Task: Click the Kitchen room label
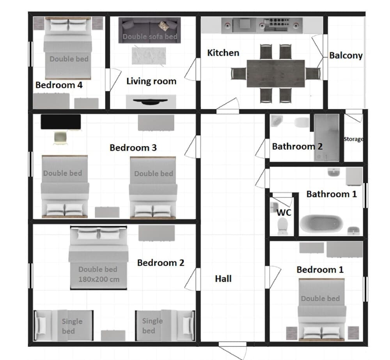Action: coord(223,53)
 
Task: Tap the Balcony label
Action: coord(346,55)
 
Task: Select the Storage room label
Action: coord(353,139)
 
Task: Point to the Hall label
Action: coord(223,278)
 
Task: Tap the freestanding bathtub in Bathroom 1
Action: coord(322,224)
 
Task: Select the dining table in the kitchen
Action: coord(275,73)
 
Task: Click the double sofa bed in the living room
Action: coord(150,30)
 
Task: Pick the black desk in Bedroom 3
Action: coord(61,122)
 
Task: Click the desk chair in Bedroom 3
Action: coord(60,137)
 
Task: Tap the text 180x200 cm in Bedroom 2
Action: coord(99,279)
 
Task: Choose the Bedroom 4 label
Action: coord(59,85)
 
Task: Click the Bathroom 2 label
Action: coord(297,147)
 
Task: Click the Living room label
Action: coord(151,81)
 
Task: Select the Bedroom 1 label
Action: coord(320,270)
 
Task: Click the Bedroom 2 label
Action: coord(160,263)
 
